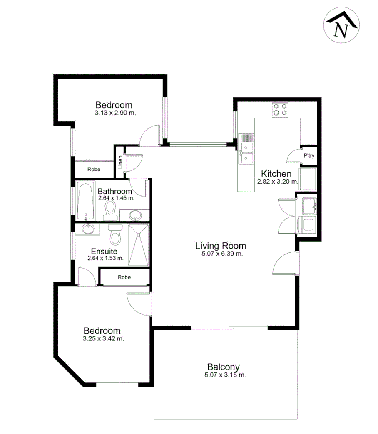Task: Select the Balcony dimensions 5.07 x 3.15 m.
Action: [x=223, y=375]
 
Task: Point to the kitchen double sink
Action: [x=246, y=153]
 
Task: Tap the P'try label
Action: [x=308, y=155]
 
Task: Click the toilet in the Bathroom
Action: [x=110, y=209]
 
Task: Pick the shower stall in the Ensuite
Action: [x=138, y=245]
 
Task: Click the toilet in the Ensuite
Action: [x=114, y=235]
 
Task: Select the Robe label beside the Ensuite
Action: [x=124, y=277]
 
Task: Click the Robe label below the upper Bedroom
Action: [x=93, y=169]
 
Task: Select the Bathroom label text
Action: [x=115, y=192]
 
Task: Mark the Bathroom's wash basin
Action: [x=135, y=215]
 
